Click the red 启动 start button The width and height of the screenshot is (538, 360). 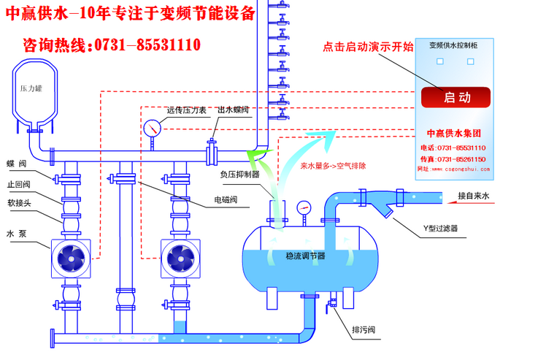[456, 97]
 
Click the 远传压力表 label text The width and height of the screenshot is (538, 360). [188, 111]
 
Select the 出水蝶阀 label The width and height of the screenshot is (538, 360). [234, 111]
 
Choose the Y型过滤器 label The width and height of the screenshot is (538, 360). [440, 229]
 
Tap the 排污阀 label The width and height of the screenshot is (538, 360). [363, 330]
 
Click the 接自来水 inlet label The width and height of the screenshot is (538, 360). [477, 196]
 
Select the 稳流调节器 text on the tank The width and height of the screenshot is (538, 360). [306, 256]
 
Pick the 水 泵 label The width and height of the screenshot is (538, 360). [18, 234]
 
